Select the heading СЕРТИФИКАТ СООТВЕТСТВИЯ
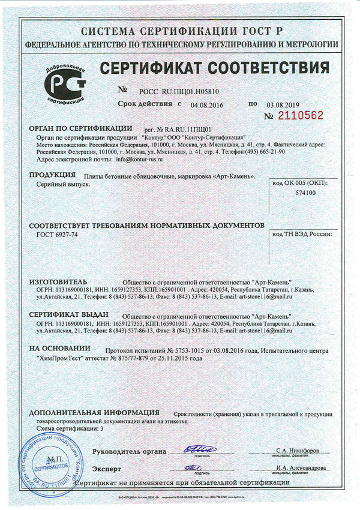click(214, 67)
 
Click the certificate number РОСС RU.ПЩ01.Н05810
click(179, 91)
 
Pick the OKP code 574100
click(305, 193)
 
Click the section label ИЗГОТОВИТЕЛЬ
click(58, 281)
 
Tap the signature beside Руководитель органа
click(194, 449)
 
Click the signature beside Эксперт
click(194, 467)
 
